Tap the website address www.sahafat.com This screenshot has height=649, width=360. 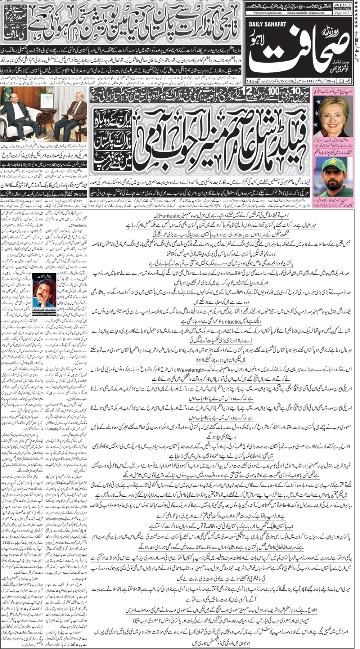pos(267,13)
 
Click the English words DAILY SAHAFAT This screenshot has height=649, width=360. pos(267,24)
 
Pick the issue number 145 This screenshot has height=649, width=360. pos(250,80)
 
